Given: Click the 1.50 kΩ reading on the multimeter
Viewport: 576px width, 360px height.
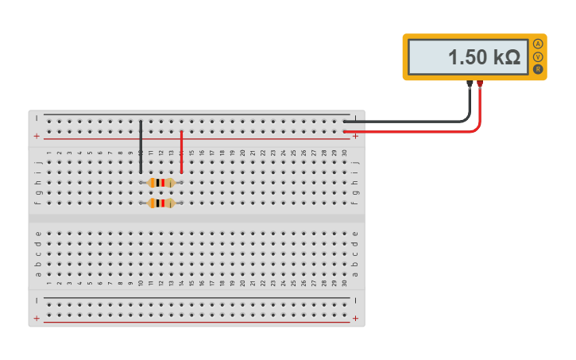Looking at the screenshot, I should (483, 57).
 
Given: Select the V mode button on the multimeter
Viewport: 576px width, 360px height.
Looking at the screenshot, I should (538, 57).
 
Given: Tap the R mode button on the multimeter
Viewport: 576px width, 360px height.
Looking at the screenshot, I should (538, 70).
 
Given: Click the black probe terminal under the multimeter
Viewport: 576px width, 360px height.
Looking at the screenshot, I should (470, 83).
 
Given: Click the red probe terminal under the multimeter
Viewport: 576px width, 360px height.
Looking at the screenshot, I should (481, 83).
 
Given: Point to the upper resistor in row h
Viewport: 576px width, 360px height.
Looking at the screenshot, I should (161, 183).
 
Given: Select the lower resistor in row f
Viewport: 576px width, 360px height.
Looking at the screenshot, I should (161, 203).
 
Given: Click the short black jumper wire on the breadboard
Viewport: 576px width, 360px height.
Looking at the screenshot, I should (141, 147).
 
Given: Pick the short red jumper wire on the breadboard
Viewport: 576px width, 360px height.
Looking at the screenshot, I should (181, 151).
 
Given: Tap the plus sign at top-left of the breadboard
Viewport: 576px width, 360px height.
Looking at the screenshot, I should (37, 137).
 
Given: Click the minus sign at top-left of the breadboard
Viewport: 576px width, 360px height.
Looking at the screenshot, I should (37, 118).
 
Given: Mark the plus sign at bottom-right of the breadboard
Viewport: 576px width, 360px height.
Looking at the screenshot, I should (355, 319).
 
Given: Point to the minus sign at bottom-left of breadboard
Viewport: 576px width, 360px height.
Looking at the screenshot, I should (37, 300).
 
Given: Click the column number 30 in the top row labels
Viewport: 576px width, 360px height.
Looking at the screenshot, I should (344, 153).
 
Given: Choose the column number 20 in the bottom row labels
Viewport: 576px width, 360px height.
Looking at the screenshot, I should (242, 284).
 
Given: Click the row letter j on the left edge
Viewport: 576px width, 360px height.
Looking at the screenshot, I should (38, 162).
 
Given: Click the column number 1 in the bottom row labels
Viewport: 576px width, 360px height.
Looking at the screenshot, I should (48, 284).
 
